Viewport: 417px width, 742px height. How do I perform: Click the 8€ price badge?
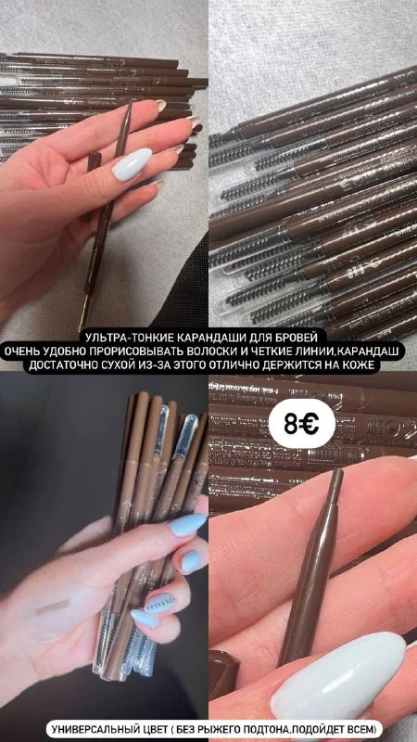point(302,423)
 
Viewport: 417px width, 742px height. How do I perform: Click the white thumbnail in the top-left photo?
point(132,164)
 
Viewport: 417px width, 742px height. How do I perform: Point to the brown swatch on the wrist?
point(53,607)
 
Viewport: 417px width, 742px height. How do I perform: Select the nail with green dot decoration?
point(159,604)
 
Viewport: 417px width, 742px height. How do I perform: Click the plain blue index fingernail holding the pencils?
point(188,524)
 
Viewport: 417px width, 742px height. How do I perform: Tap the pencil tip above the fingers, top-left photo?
point(129,105)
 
